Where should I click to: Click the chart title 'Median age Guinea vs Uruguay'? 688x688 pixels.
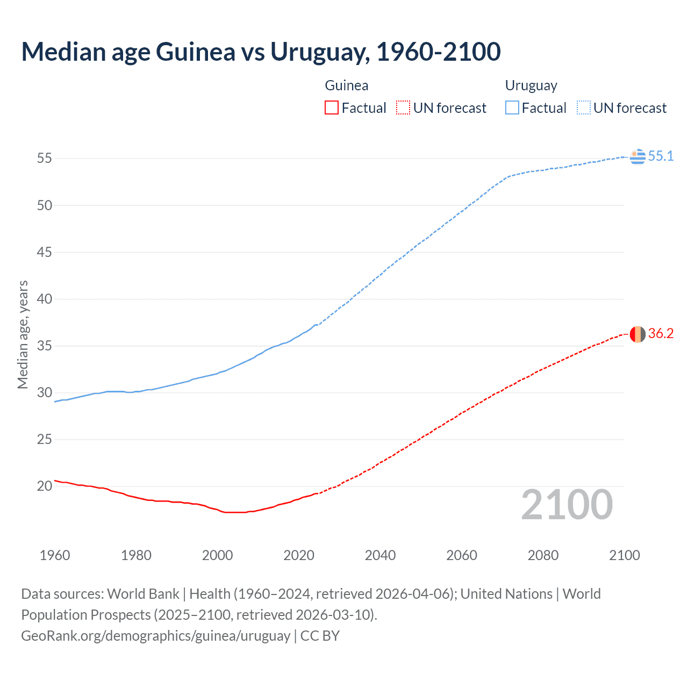261,52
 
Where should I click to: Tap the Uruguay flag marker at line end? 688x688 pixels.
637,156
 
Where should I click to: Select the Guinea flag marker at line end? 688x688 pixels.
637,334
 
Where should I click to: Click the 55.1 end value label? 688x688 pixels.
661,156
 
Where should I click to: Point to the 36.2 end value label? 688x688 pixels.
661,334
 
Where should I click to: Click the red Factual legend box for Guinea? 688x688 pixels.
332,108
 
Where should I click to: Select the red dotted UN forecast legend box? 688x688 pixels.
403,108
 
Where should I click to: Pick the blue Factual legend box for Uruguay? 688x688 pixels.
512,108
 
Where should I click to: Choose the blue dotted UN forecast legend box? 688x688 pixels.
583,108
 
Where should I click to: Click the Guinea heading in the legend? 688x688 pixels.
347,85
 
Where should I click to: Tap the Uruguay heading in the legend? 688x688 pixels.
531,86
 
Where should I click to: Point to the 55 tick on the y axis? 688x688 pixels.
45,159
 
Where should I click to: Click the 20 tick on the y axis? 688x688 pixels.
45,486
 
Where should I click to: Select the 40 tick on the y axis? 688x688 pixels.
45,299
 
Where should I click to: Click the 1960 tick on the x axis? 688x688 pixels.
55,555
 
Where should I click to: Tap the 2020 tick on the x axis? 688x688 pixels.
299,555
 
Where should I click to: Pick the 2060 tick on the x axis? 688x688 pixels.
462,555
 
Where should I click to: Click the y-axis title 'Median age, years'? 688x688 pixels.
23,334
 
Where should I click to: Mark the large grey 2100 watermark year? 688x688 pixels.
567,505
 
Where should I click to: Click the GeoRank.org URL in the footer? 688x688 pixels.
155,636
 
